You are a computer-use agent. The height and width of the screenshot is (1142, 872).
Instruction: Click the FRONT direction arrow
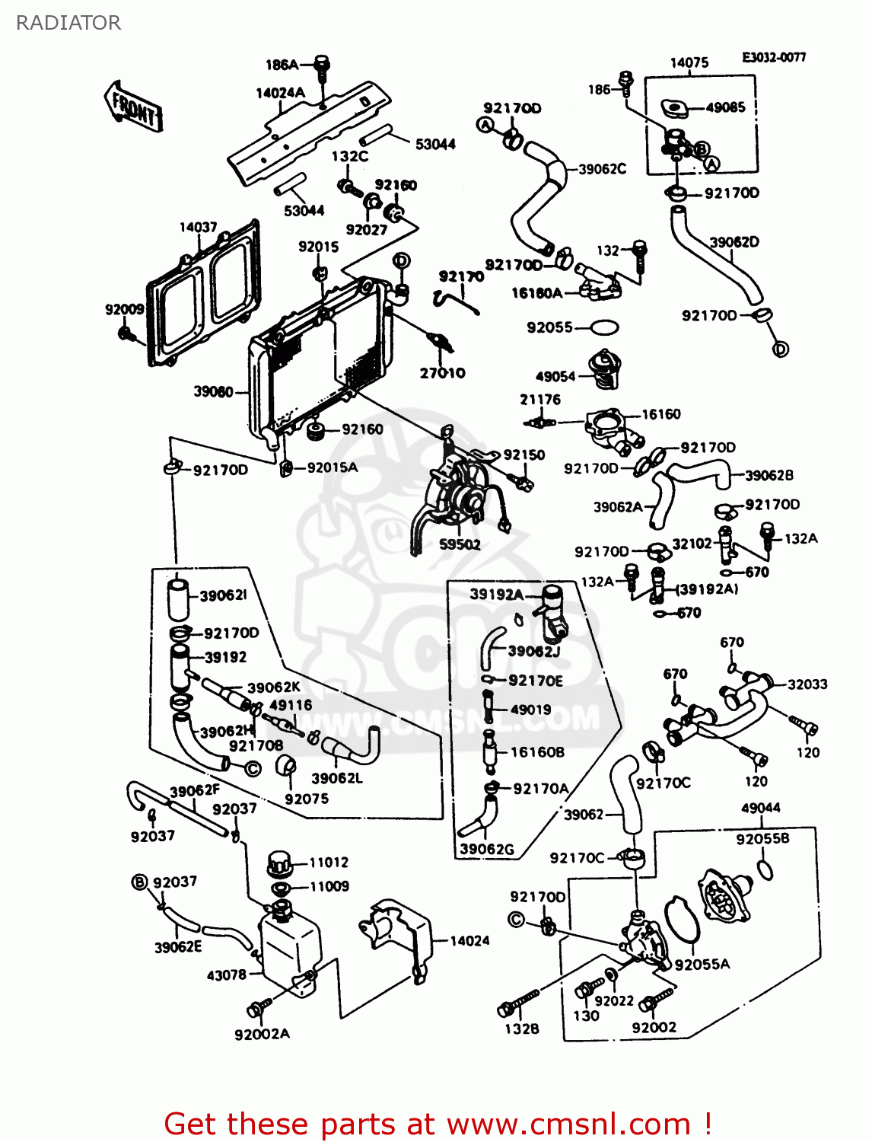point(133,107)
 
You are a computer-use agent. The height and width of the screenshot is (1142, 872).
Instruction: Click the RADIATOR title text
point(68,23)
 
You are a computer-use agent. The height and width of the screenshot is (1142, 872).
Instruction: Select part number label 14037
point(198,227)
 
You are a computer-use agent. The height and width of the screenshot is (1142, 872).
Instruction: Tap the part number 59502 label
point(460,544)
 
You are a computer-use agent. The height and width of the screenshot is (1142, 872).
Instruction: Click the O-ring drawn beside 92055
point(604,328)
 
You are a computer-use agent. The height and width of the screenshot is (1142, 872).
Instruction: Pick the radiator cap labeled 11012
point(279,865)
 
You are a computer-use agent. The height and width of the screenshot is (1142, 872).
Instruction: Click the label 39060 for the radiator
point(213,391)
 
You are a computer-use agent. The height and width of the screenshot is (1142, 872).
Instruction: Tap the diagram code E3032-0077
point(774,57)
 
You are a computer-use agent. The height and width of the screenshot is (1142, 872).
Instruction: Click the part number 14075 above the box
point(689,62)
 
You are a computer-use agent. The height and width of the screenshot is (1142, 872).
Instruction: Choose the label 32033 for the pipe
point(807,684)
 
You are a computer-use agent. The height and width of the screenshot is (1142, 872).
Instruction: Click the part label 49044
point(760,808)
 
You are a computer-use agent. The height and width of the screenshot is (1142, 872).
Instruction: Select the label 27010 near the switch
point(442,373)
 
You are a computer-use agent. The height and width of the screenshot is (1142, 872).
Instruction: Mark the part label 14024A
point(280,93)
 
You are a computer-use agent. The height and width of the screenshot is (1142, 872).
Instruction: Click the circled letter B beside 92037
point(139,882)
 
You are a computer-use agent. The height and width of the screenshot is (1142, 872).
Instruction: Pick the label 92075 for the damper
point(307,799)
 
